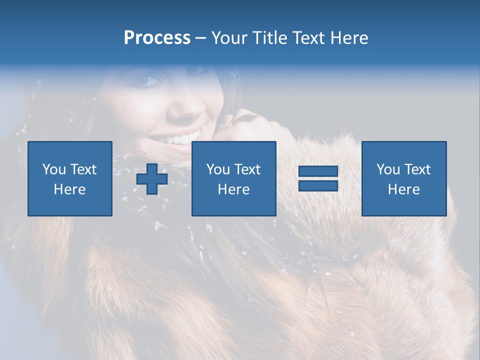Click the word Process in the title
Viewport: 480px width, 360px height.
coord(157,38)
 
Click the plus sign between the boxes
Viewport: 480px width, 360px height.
coord(152,179)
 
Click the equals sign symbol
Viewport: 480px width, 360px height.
coord(318,178)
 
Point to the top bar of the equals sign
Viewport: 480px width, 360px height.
coord(318,171)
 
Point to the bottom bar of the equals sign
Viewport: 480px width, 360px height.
coord(318,185)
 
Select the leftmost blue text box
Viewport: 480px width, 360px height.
coord(70,178)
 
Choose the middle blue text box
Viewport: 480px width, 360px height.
coord(234,178)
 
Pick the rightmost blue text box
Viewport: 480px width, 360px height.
coord(404,178)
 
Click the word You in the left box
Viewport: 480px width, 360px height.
coord(54,169)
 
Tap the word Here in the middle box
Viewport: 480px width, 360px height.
coord(234,189)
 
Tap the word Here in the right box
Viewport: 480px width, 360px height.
coord(404,189)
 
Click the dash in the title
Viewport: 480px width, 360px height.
coord(200,38)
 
